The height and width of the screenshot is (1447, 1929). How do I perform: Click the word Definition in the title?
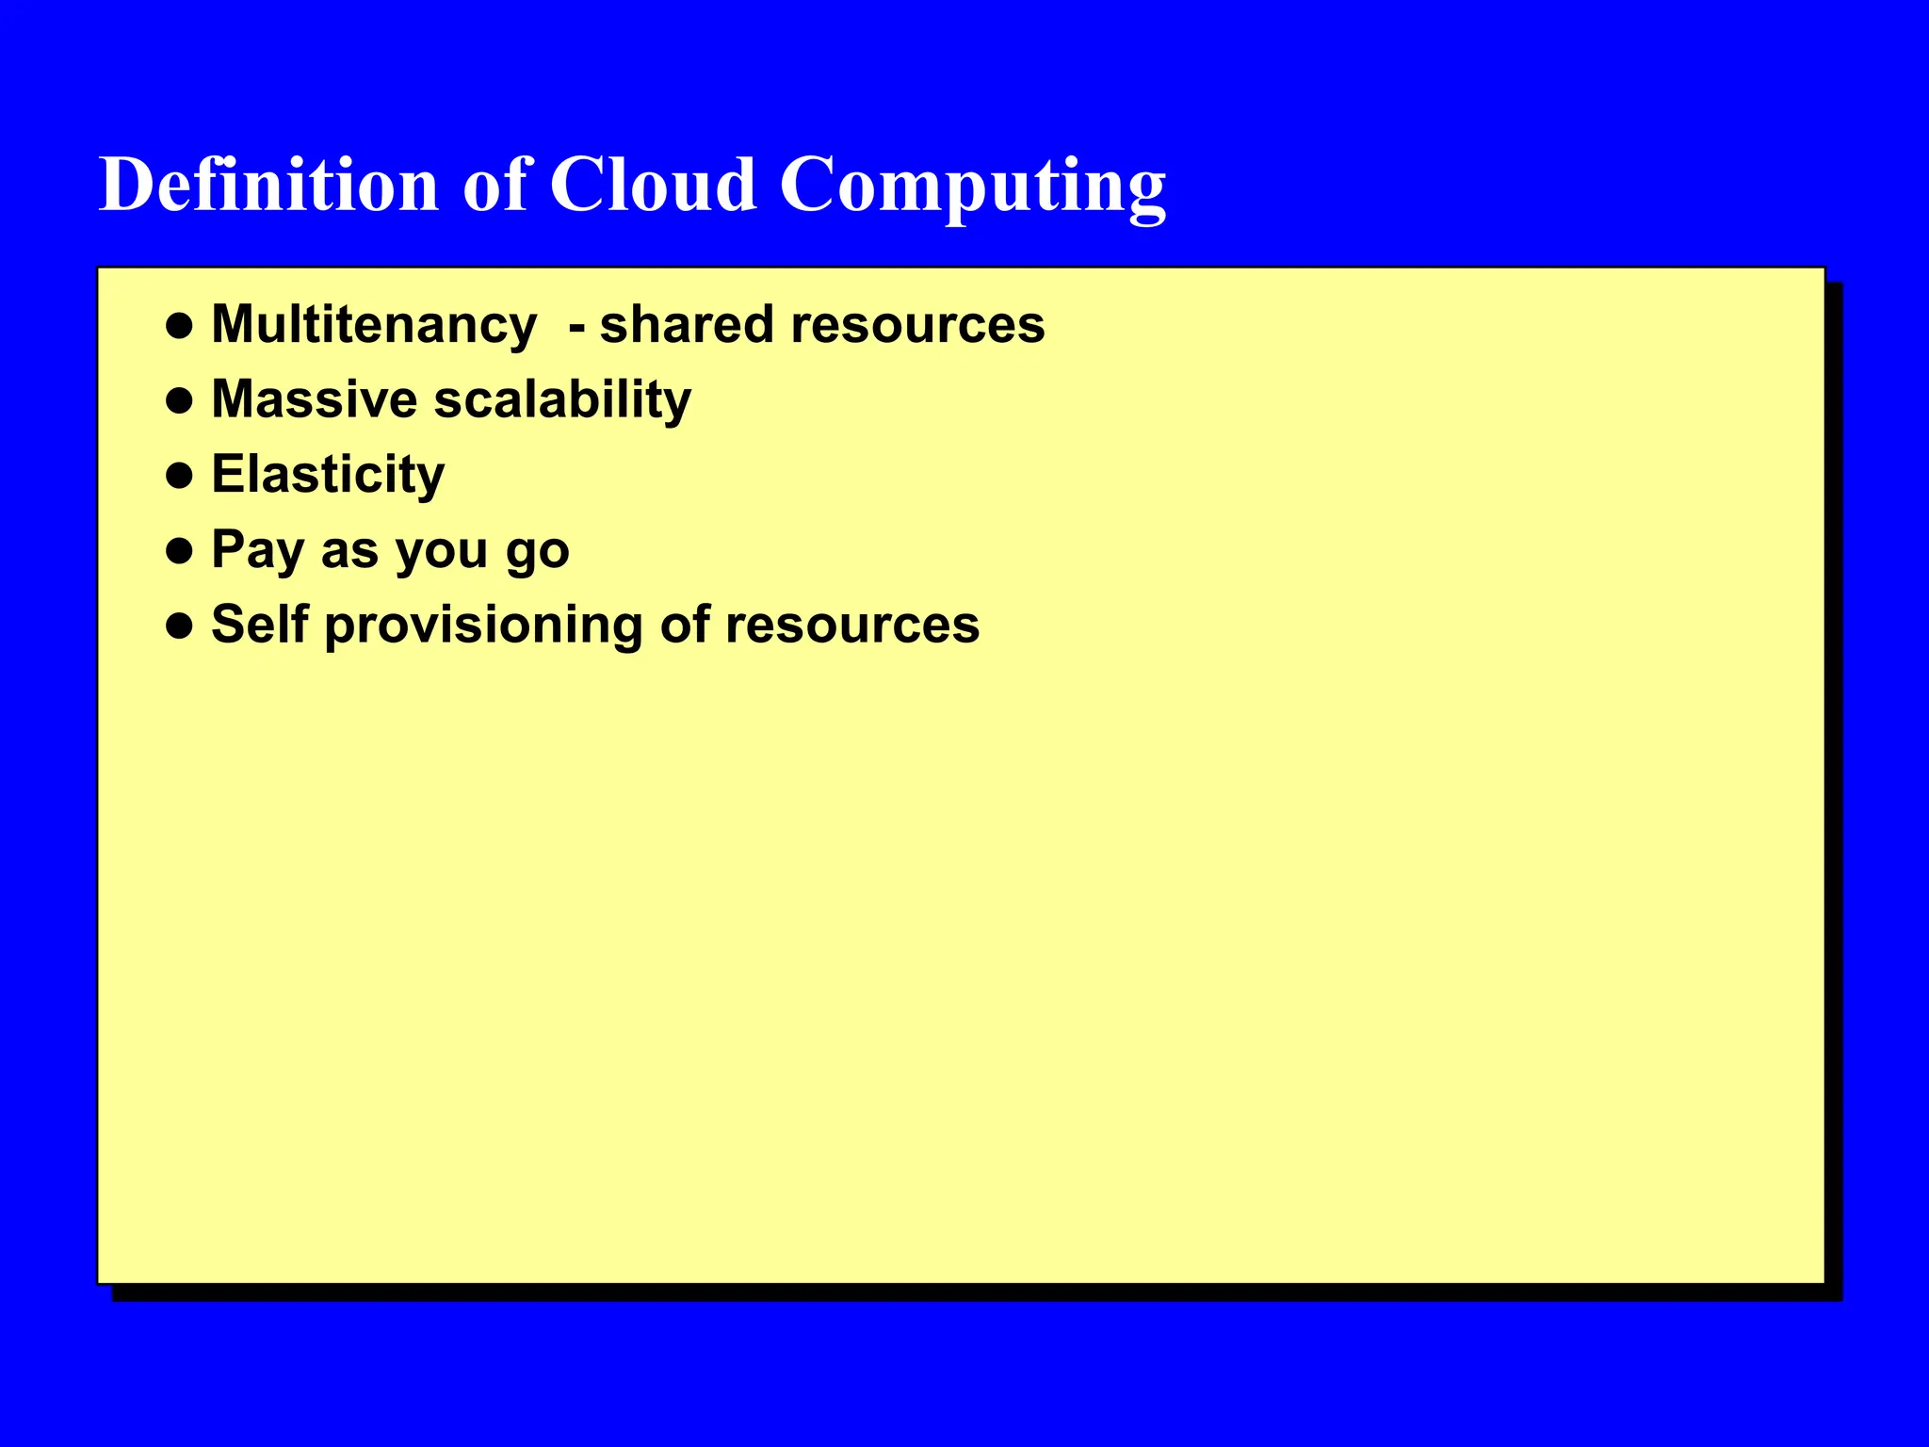pyautogui.click(x=269, y=185)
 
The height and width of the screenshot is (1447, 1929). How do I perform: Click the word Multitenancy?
pyautogui.click(x=374, y=326)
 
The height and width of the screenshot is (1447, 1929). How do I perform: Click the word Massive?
pyautogui.click(x=315, y=399)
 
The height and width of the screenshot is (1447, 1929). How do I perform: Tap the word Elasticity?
pyautogui.click(x=328, y=475)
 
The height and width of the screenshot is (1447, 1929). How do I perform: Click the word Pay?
pyautogui.click(x=254, y=551)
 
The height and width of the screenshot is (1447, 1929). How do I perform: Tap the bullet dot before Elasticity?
pyautogui.click(x=179, y=476)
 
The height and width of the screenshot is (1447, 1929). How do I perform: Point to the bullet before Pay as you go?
pyautogui.click(x=179, y=550)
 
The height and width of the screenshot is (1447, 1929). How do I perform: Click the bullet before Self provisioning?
pyautogui.click(x=179, y=626)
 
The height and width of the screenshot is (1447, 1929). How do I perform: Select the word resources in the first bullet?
pyautogui.click(x=917, y=326)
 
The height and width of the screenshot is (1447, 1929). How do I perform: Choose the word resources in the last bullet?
pyautogui.click(x=852, y=626)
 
